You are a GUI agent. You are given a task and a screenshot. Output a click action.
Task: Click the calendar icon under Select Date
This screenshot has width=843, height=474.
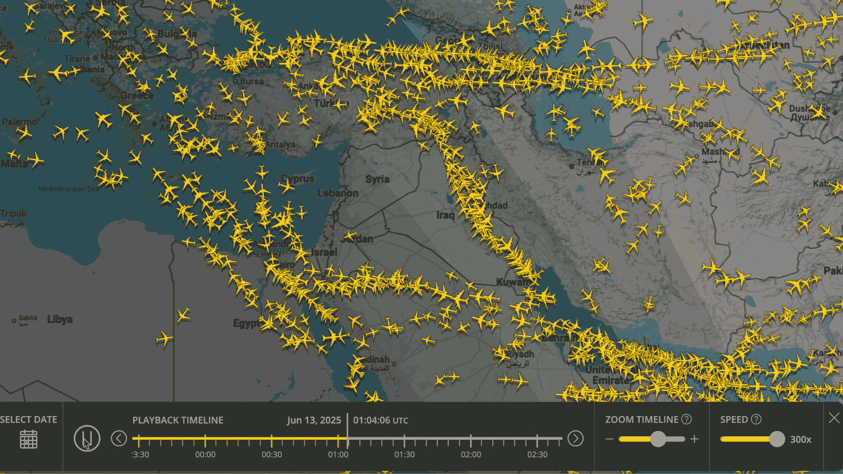[x=29, y=439]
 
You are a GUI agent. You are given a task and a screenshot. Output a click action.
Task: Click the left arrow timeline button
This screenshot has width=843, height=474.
[x=119, y=438]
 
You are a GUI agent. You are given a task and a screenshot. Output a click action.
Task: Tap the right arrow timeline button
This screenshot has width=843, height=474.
[x=575, y=438]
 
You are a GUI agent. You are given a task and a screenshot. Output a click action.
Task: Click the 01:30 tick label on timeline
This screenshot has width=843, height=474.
[x=404, y=455]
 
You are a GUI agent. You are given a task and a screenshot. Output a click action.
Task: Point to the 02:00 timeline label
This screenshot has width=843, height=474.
[x=471, y=455]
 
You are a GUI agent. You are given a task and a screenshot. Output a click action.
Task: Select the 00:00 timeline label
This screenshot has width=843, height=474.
[x=205, y=455]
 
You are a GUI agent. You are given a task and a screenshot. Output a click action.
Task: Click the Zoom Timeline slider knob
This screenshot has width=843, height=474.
[x=658, y=439]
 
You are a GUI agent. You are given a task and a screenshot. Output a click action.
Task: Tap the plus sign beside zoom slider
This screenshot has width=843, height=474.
[x=694, y=439]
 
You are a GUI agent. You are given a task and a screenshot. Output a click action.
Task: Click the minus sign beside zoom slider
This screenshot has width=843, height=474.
[x=609, y=439]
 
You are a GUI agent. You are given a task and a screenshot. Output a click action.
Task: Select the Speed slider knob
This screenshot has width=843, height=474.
[x=777, y=439]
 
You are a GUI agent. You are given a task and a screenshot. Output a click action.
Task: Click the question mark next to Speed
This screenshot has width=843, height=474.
[x=756, y=420]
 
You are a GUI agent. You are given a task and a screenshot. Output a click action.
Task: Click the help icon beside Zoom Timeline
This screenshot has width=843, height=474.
[x=686, y=420]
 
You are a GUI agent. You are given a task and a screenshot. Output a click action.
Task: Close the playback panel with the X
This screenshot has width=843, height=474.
[x=834, y=418]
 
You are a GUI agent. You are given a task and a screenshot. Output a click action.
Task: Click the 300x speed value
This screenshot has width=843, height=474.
[x=800, y=439]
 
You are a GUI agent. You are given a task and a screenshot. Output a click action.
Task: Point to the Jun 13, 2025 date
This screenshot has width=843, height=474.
[x=314, y=420]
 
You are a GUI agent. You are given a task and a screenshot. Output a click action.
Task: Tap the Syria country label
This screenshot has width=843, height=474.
[x=378, y=179]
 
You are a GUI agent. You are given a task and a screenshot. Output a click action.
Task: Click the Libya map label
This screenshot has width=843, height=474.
[x=60, y=319]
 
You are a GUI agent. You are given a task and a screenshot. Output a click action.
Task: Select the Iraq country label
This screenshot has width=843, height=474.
[x=445, y=215]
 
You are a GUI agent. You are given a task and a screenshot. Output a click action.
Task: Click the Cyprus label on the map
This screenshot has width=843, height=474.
[x=298, y=179]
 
